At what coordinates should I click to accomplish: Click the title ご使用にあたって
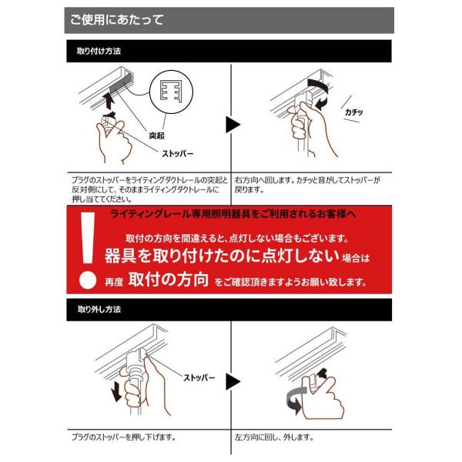coord(116,20)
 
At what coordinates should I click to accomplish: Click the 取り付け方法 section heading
coord(99,51)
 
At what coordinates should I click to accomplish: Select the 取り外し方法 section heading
coord(99,309)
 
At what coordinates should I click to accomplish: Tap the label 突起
coord(156,136)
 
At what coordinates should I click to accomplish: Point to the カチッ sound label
coord(353,112)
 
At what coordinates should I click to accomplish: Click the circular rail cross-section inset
coord(171,92)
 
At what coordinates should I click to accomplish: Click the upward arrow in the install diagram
coord(109,100)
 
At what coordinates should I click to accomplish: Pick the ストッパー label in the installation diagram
coord(177,153)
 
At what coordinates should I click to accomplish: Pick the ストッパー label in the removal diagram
coord(199,377)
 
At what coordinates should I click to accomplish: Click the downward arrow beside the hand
coord(116,390)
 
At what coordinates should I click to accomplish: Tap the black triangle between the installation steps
coord(233,124)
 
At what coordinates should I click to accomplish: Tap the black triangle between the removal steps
coord(233,382)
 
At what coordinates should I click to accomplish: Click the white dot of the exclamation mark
coord(88,280)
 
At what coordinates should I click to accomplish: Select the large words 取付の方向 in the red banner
coord(169,280)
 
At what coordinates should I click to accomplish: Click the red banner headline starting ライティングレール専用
coord(233,214)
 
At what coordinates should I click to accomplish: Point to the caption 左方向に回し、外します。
coord(274,437)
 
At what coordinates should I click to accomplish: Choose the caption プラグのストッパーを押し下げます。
coord(124,437)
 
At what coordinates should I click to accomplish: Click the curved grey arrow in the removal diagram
coord(296,400)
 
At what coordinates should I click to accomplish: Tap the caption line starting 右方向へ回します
coord(307,179)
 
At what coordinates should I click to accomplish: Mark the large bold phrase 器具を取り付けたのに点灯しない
coord(222,256)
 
